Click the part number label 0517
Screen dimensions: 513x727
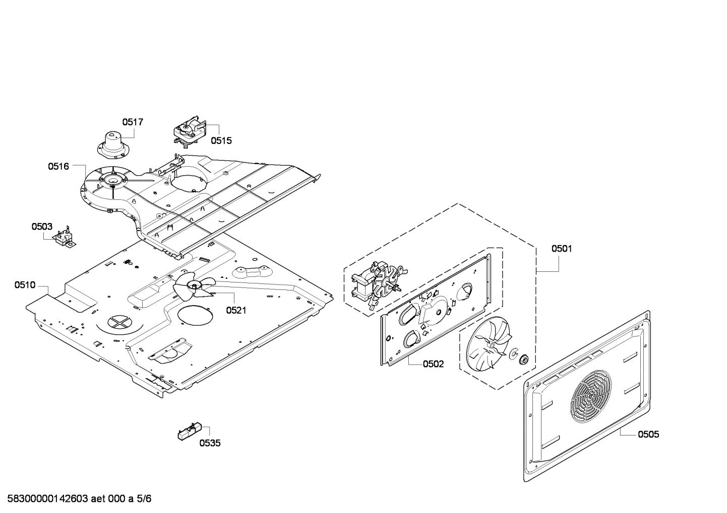pos(133,122)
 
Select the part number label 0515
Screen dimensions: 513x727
pos(221,140)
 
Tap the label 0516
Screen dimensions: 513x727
pos(58,166)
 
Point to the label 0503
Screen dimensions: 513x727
pos(42,227)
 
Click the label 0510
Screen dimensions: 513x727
pos(25,285)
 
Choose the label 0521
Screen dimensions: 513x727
pos(236,310)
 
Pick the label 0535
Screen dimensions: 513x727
pos(210,443)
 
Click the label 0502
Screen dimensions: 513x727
pos(434,363)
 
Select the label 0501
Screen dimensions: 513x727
pos(562,248)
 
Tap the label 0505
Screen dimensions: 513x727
pos(648,434)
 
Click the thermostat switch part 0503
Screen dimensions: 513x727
pos(65,238)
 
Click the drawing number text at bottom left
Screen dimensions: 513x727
pos(76,499)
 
